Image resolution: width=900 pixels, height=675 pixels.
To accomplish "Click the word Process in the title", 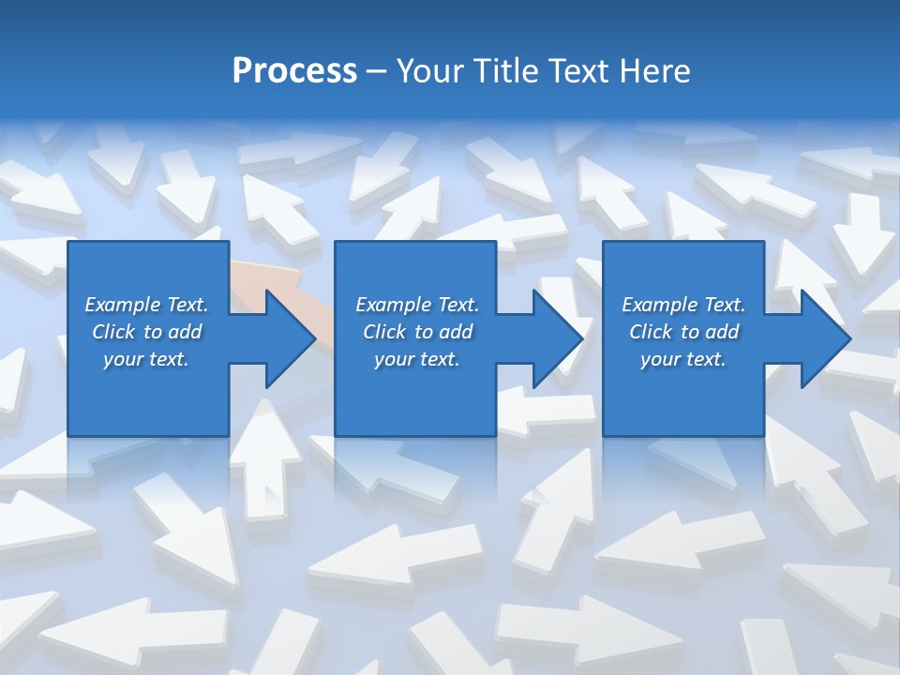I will coord(294,71).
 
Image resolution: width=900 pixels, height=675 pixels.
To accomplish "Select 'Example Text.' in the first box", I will coord(146,305).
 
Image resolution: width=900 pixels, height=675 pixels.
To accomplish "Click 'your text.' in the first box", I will coord(146,359).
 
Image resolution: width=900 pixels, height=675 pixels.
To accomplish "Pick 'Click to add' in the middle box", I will coord(417,332).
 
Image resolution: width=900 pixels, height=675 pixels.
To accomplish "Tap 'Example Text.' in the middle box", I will coord(417,305).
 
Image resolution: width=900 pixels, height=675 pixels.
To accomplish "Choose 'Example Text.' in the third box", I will coord(683,305).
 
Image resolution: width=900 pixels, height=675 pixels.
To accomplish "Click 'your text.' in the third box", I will coord(683,359).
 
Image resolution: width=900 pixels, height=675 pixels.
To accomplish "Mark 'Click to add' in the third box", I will coord(683,332).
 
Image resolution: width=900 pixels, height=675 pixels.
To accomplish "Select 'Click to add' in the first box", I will coord(146,332).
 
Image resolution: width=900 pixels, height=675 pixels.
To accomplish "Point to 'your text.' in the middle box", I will coord(417,359).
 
